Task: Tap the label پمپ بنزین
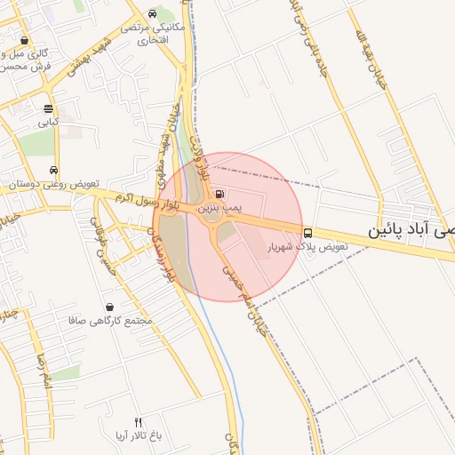pyautogui.click(x=220, y=207)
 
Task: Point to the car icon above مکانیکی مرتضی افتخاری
pyautogui.click(x=153, y=14)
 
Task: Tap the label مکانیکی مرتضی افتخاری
pyautogui.click(x=158, y=34)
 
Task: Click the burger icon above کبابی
pyautogui.click(x=48, y=108)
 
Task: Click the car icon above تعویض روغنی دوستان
pyautogui.click(x=55, y=170)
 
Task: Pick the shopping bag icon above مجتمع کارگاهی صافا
pyautogui.click(x=108, y=307)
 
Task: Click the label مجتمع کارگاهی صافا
pyautogui.click(x=110, y=320)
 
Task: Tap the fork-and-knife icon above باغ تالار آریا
pyautogui.click(x=138, y=421)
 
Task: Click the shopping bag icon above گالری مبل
pyautogui.click(x=23, y=41)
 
